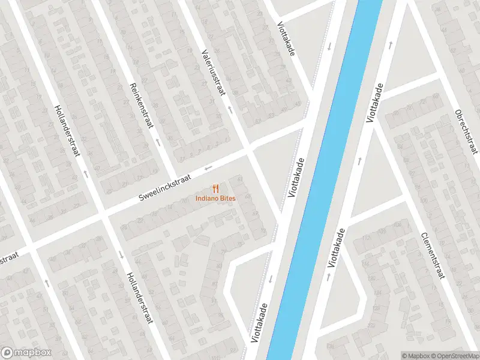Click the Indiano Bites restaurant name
(x=215, y=199)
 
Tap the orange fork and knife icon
(x=215, y=188)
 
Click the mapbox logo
(x=26, y=353)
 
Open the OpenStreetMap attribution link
(x=455, y=355)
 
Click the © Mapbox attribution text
(x=416, y=355)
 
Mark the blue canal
(x=324, y=180)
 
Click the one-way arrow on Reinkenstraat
(x=158, y=143)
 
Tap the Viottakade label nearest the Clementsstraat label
(x=337, y=248)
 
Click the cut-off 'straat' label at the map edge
(x=9, y=259)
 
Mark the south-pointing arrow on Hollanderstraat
(x=121, y=254)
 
